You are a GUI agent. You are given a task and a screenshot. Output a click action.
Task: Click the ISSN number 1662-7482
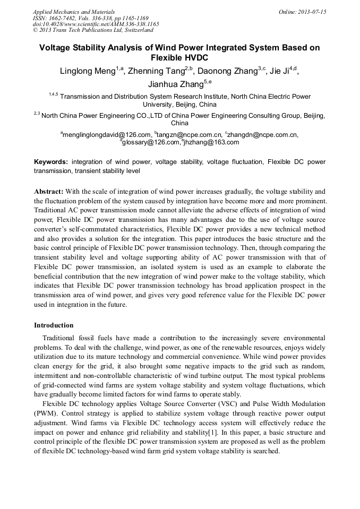tap(64, 18)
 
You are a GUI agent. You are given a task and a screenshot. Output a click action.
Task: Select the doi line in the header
tap(96, 24)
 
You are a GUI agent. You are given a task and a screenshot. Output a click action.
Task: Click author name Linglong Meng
tap(89, 72)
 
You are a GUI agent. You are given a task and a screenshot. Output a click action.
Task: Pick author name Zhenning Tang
tap(158, 72)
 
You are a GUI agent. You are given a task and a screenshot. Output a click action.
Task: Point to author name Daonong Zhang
tap(228, 72)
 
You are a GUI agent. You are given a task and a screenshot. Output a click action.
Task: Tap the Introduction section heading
tap(54, 325)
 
